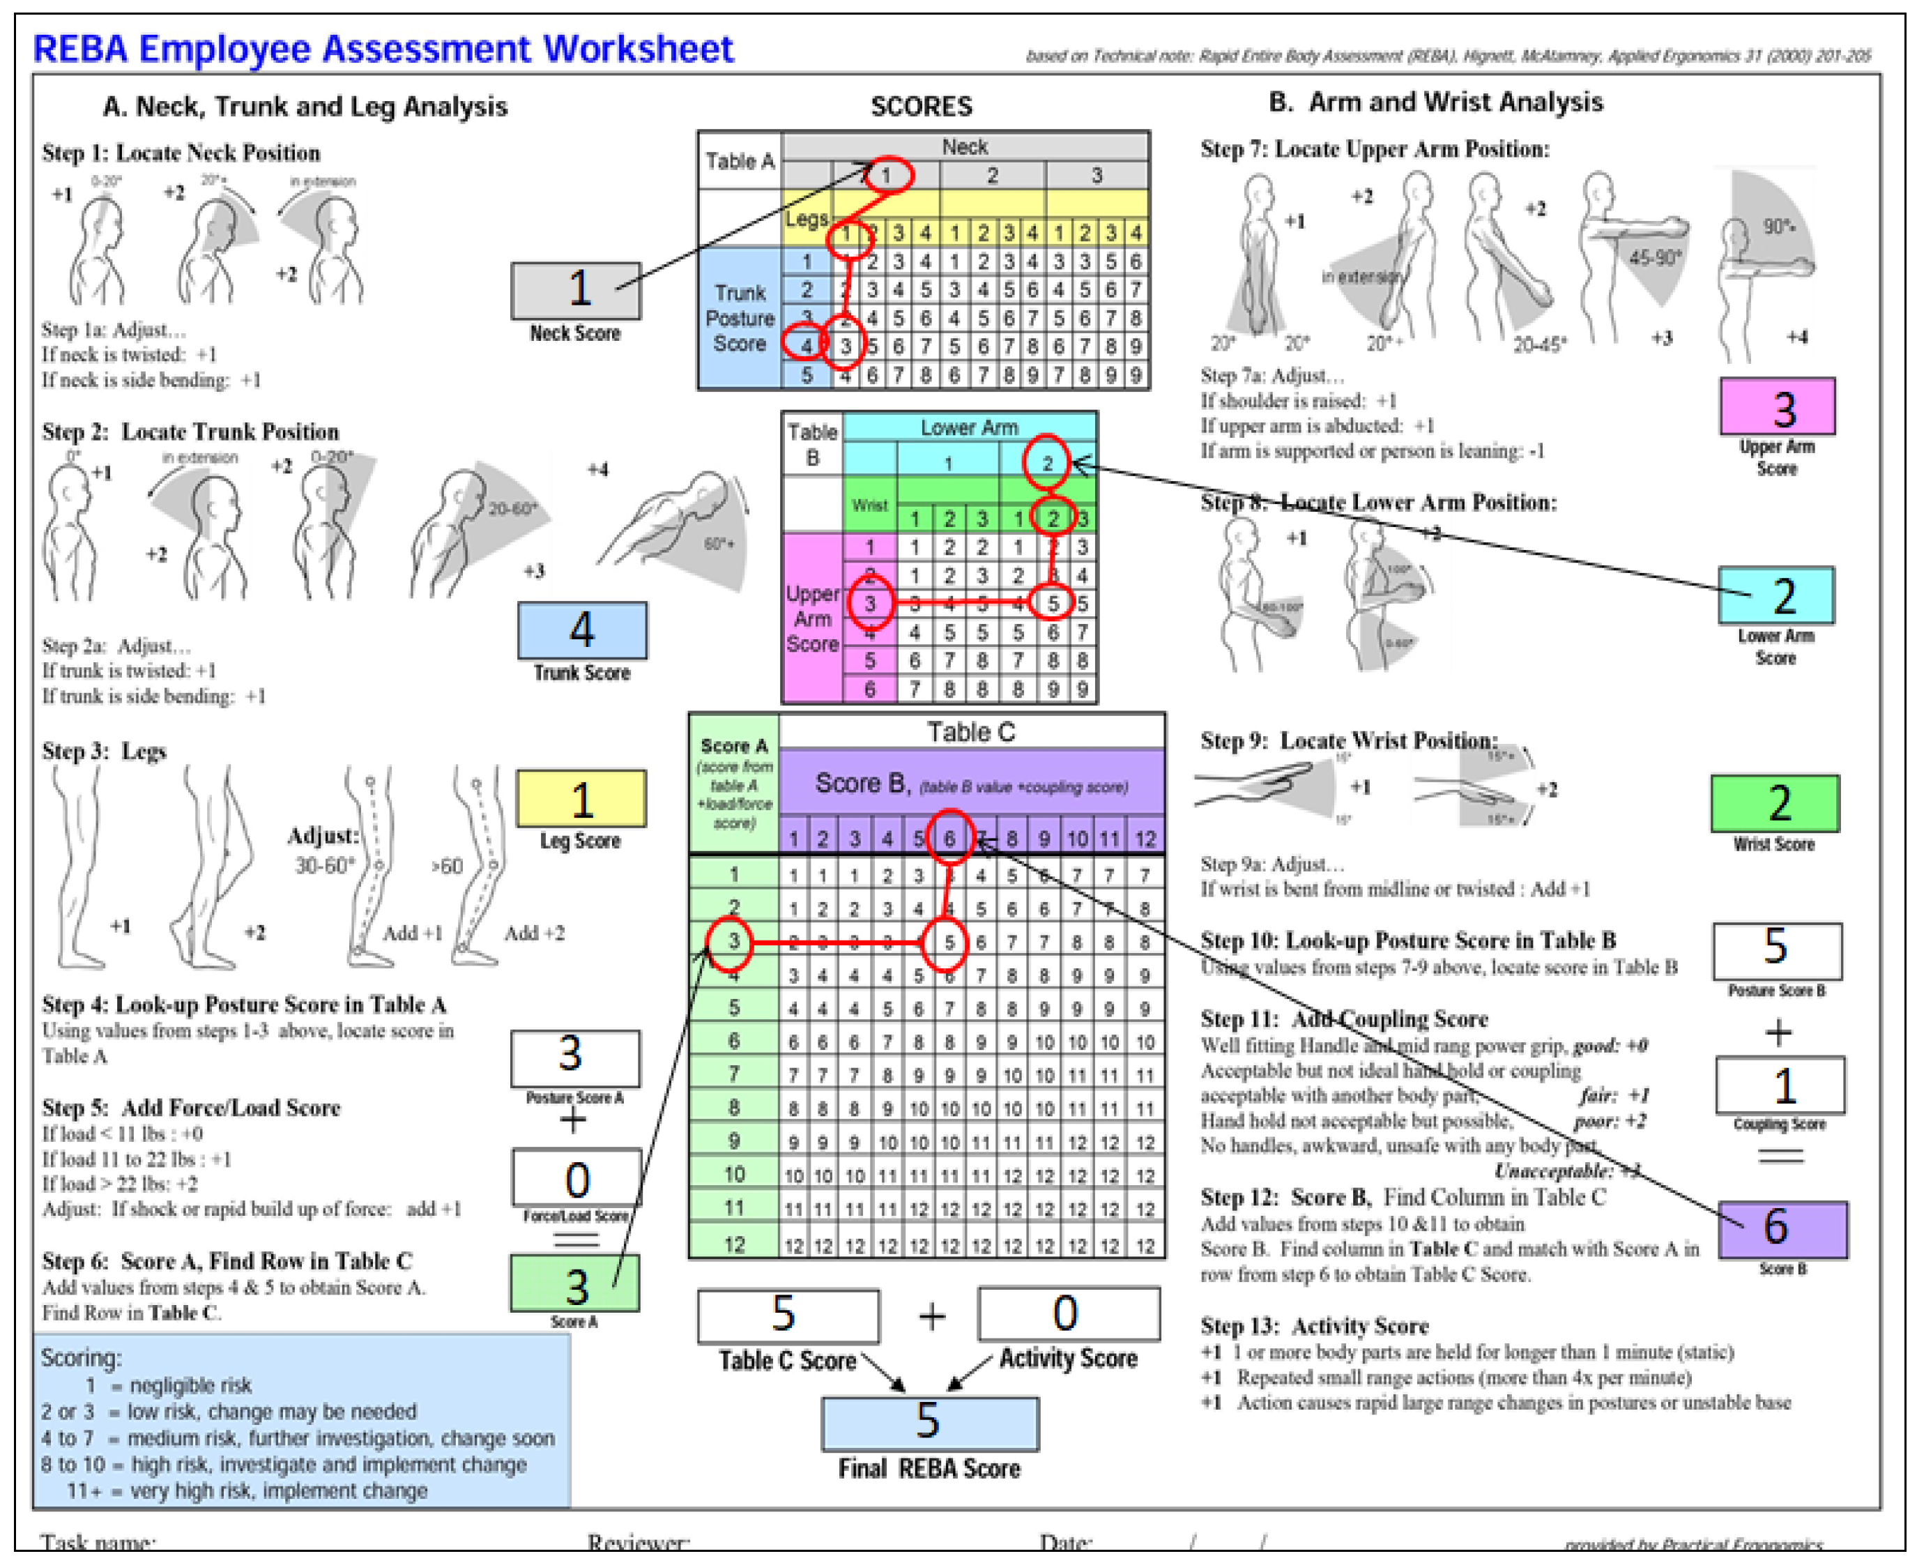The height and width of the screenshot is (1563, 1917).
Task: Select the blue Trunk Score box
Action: (x=581, y=630)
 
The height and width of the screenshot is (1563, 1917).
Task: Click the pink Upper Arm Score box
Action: (x=1776, y=407)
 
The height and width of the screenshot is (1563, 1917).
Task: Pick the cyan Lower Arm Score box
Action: (x=1775, y=595)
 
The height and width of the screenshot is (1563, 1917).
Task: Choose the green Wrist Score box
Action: (x=1774, y=803)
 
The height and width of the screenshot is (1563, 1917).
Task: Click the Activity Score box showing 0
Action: (x=1068, y=1313)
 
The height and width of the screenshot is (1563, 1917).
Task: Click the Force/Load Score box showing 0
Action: (x=576, y=1177)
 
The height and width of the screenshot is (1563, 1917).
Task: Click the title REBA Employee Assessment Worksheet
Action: (x=383, y=49)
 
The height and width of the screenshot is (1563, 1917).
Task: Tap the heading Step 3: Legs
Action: (x=105, y=751)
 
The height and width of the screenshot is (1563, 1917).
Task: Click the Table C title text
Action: (x=970, y=732)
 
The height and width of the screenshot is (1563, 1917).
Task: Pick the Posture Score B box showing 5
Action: (x=1776, y=950)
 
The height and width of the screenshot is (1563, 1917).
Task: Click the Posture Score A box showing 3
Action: (x=574, y=1057)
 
